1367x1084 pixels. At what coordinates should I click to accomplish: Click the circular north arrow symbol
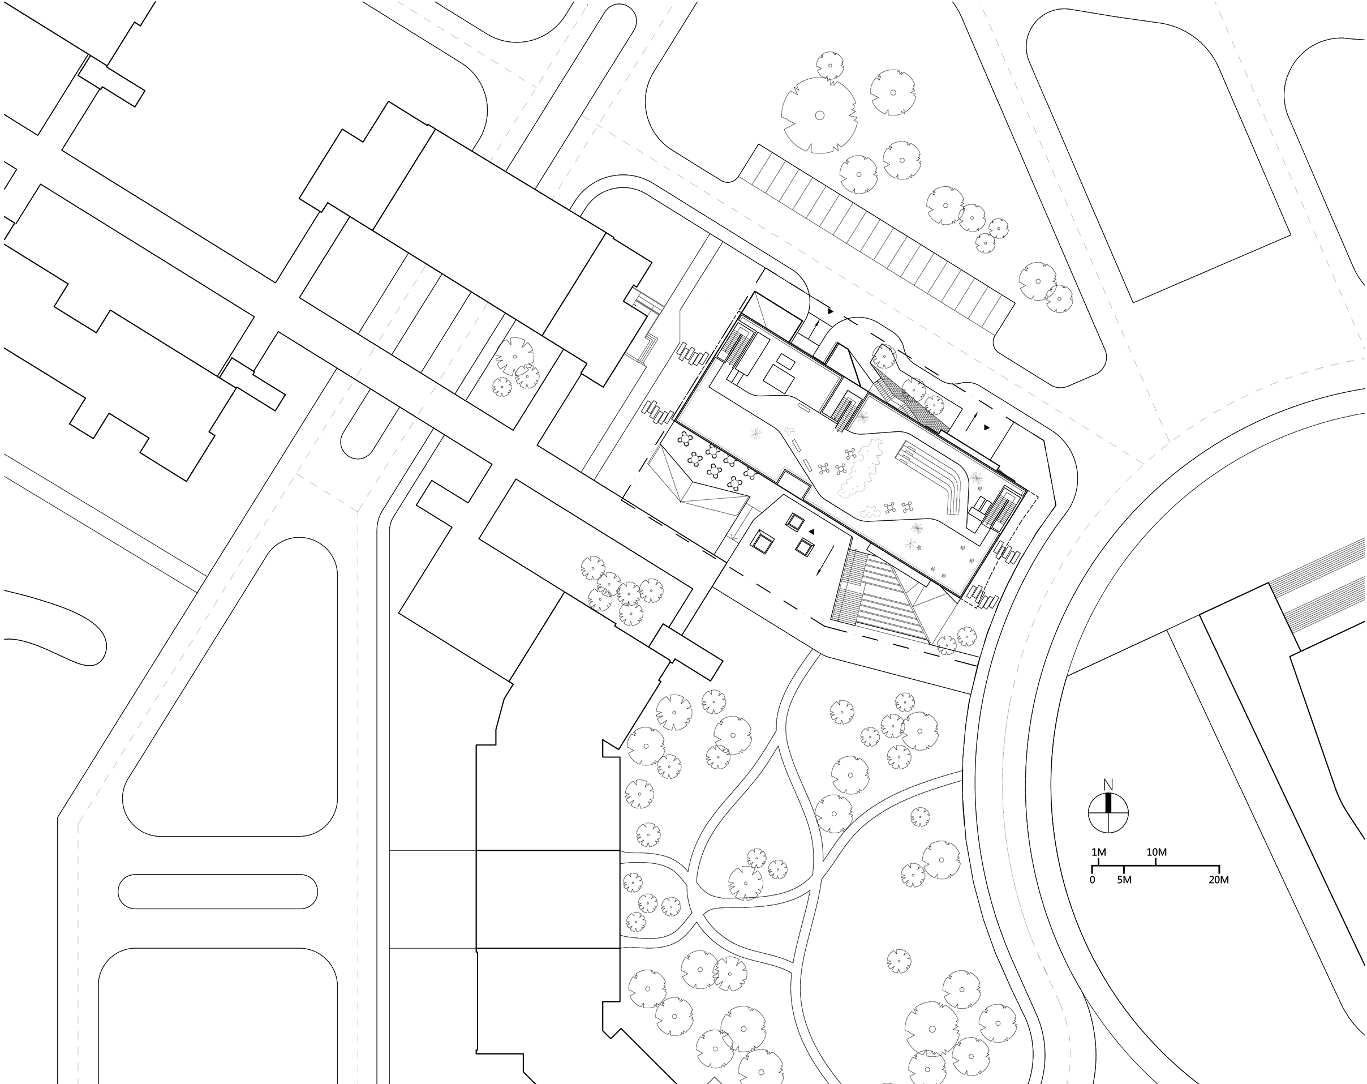1109,812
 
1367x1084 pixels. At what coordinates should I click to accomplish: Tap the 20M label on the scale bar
1219,880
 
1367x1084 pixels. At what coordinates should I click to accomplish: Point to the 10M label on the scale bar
1157,852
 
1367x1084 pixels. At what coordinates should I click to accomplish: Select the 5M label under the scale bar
1124,880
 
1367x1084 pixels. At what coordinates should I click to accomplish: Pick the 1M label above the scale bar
1098,852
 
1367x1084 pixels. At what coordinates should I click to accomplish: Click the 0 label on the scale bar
1092,880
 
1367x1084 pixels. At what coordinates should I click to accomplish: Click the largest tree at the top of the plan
819,115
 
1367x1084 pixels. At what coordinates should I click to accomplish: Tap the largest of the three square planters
762,542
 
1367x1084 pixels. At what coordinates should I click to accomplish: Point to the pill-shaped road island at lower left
217,891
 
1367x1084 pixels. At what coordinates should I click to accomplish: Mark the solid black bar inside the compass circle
1109,803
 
